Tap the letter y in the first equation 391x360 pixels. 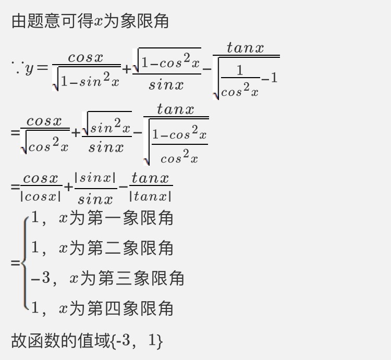click(x=29, y=69)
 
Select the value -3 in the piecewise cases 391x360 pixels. click(x=41, y=278)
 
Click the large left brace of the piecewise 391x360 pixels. click(x=25, y=263)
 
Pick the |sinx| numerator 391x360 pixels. click(x=95, y=178)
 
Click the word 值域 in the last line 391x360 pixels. click(x=94, y=341)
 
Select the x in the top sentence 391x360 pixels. click(x=98, y=21)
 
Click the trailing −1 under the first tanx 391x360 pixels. click(x=270, y=78)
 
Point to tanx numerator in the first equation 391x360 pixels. click(x=245, y=47)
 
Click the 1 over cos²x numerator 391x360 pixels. click(x=240, y=70)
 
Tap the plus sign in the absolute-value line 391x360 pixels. click(x=68, y=187)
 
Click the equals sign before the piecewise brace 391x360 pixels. click(x=15, y=263)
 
